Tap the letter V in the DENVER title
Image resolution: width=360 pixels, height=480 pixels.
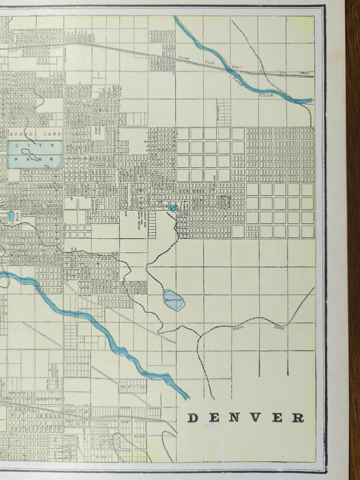255,418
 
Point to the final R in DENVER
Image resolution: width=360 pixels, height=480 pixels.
298,418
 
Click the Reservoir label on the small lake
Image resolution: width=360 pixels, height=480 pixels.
174,299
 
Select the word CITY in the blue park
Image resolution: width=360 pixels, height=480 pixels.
35,145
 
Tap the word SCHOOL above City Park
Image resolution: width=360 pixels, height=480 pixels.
24,134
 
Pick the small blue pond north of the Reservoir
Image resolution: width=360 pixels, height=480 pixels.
174,207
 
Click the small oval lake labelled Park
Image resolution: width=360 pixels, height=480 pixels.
11,216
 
